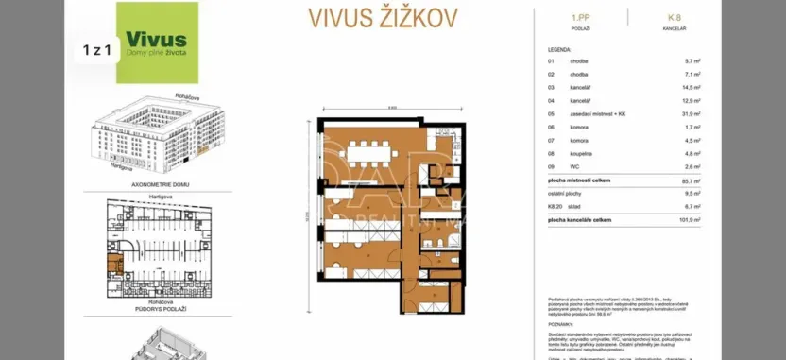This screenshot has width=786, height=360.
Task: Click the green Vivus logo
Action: [x=158, y=43]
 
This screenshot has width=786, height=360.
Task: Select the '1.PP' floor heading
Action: [x=581, y=18]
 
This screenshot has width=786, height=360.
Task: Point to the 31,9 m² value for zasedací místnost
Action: [x=692, y=112]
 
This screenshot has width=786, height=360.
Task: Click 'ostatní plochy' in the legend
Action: [x=567, y=192]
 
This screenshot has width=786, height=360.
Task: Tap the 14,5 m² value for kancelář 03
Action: [x=692, y=86]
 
